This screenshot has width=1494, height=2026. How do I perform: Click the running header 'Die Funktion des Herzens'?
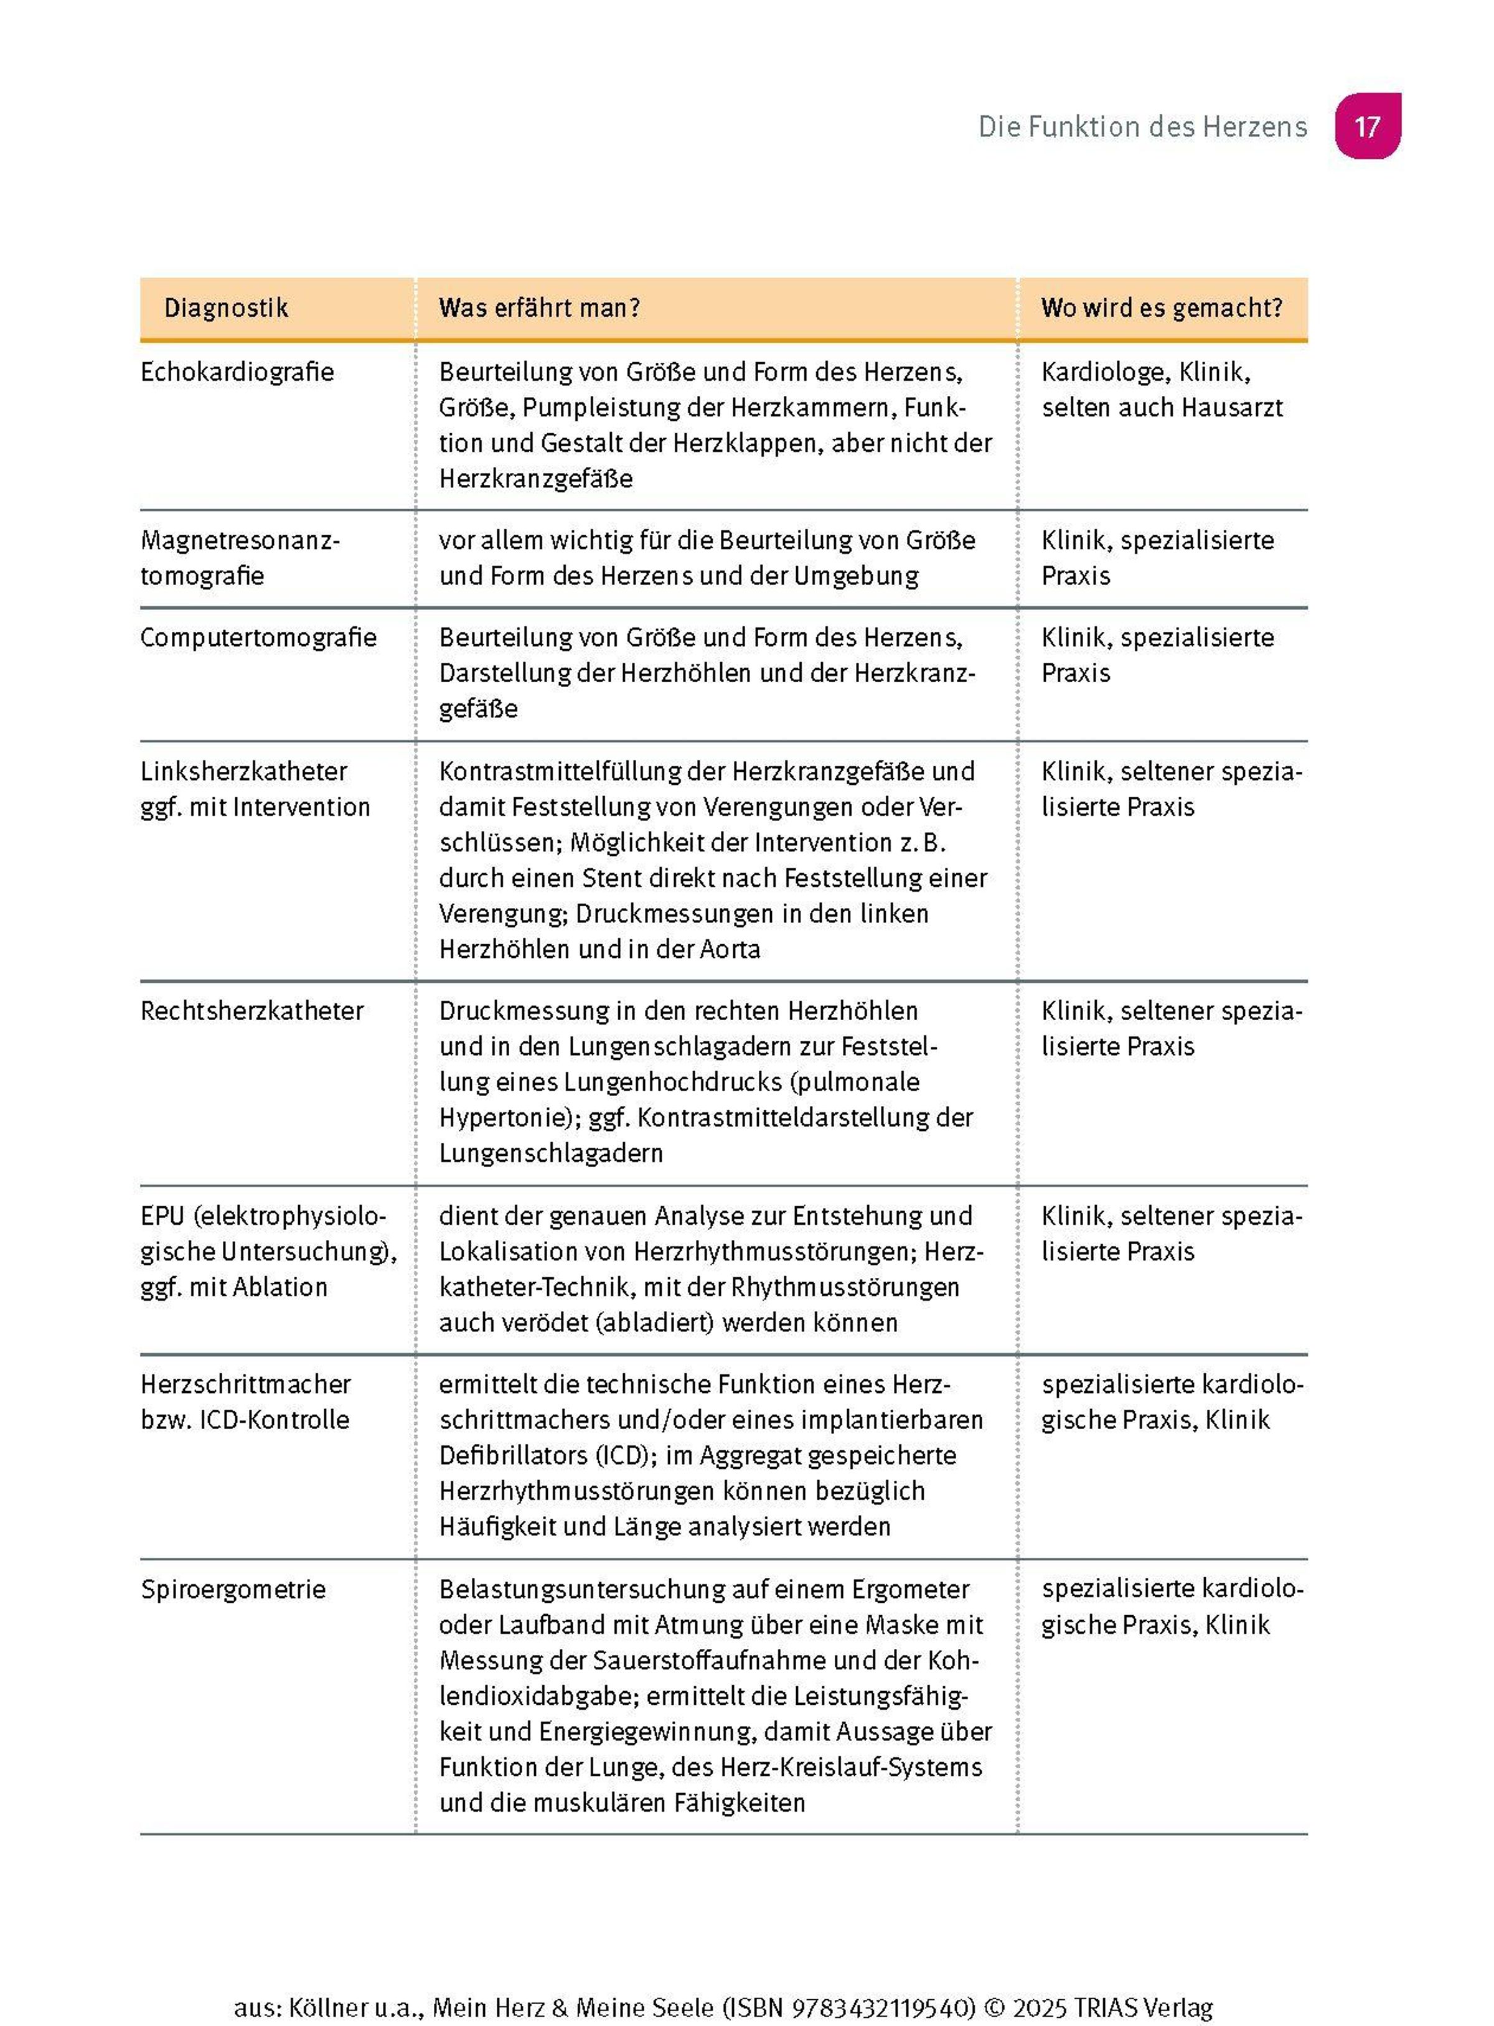1142,126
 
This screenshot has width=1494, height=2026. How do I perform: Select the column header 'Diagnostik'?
225,308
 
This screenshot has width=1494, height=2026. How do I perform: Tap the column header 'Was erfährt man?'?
539,308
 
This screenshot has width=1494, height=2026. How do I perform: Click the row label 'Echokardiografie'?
237,372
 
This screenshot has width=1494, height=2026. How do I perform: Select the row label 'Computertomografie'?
258,637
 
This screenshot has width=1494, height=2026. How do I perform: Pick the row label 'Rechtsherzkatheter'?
251,1011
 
